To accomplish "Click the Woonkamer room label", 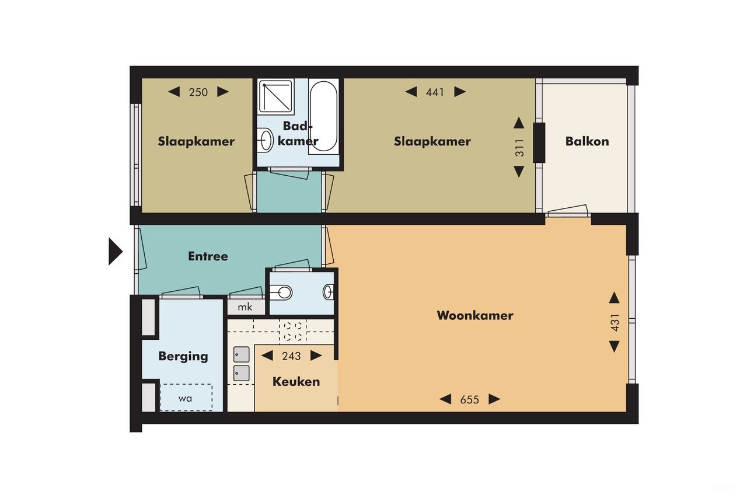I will (474, 316).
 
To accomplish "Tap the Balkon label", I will (587, 141).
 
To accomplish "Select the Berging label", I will (183, 356).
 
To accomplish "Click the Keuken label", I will (296, 382).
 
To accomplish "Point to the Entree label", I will (208, 256).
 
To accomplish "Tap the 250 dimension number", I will (198, 92).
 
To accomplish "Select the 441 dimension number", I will (435, 92).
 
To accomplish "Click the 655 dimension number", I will (469, 399).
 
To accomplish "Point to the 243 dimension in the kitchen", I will (291, 356).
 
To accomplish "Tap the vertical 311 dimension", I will (519, 148).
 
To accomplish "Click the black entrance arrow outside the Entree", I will (115, 252).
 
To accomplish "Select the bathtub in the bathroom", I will (323, 117).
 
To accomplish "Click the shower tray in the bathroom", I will (277, 96).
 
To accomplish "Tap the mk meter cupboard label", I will (246, 307).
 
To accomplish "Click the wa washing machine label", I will (186, 399).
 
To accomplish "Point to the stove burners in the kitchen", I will (292, 331).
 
